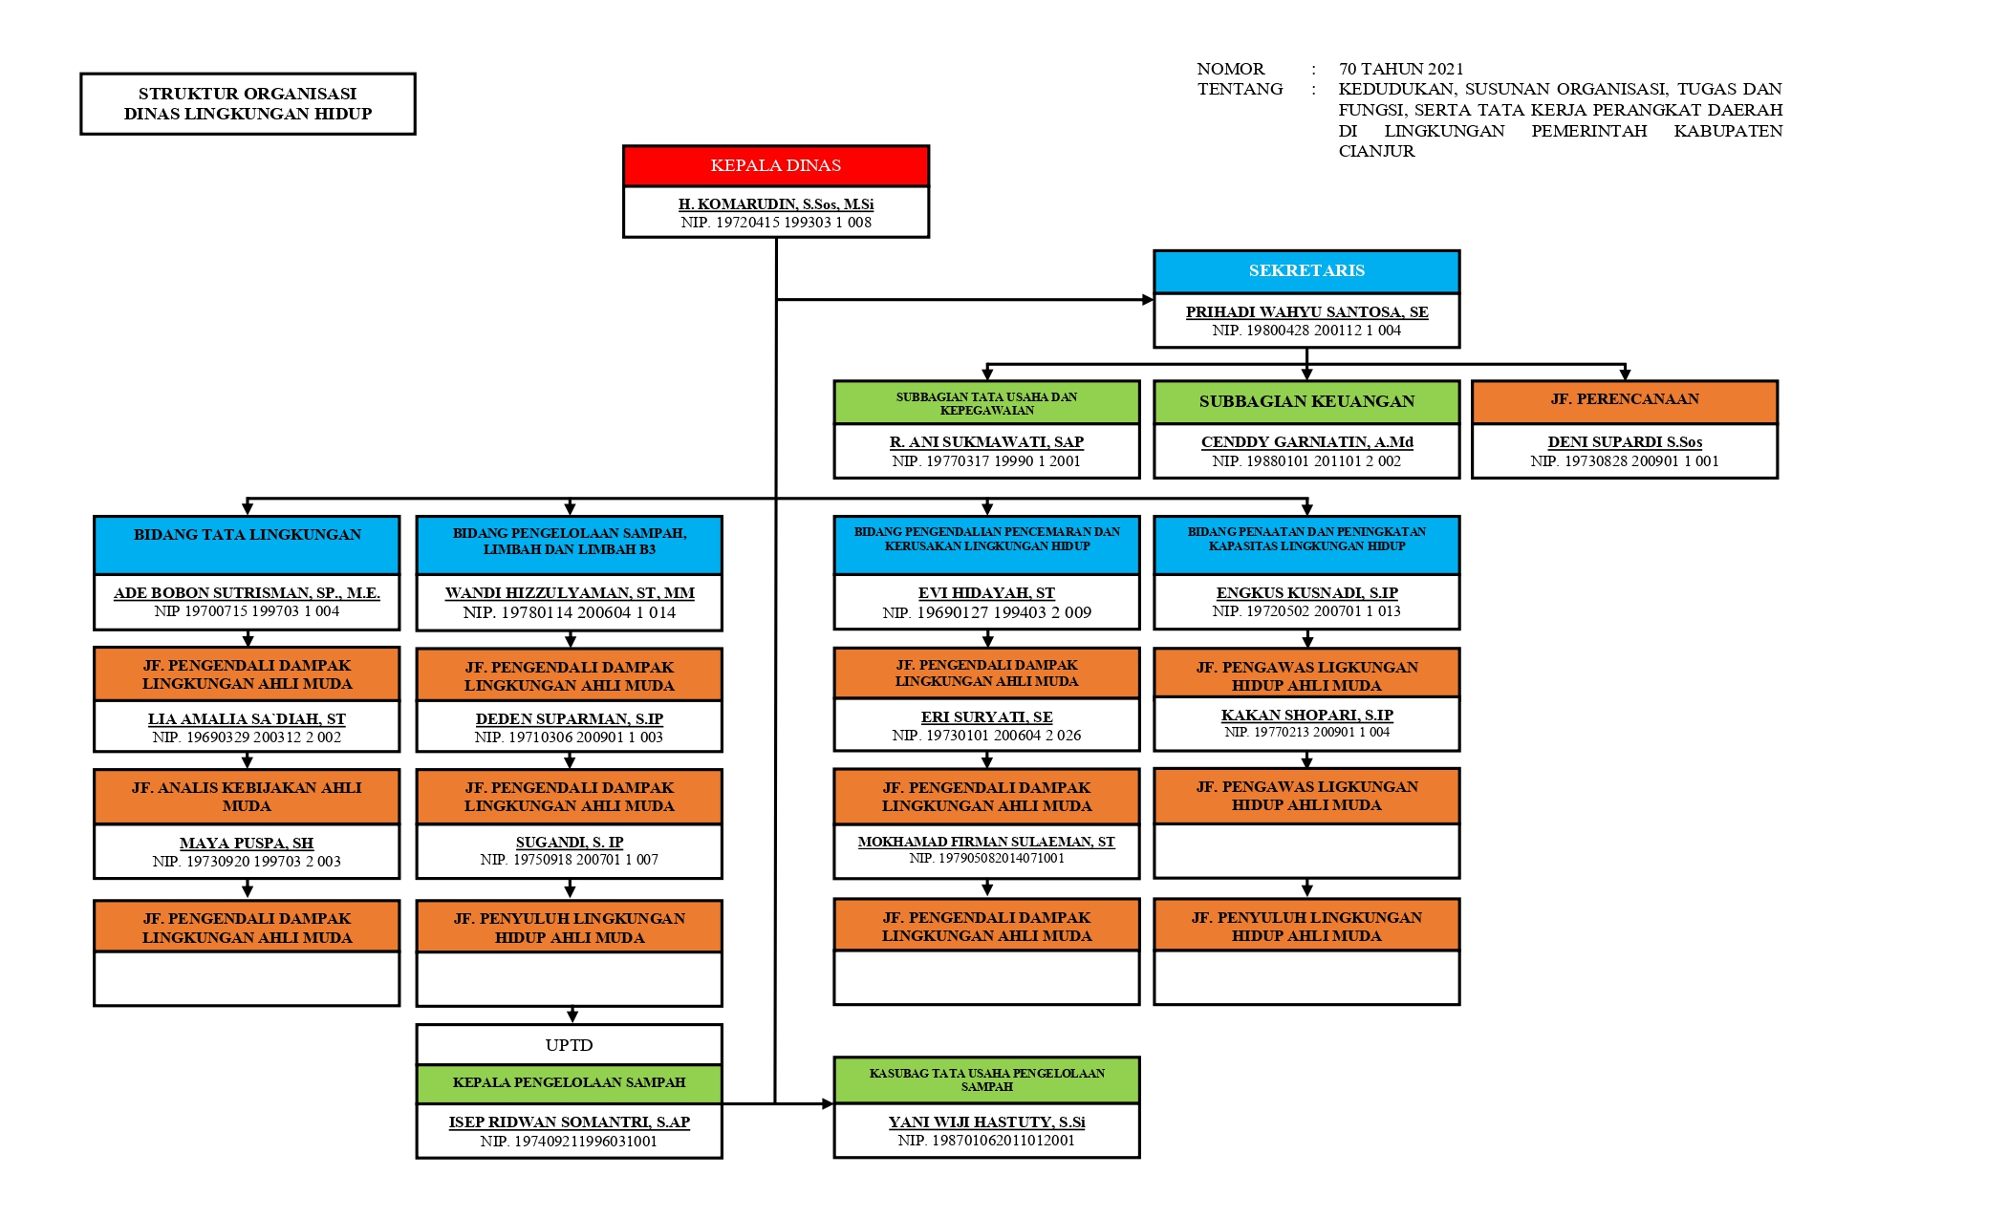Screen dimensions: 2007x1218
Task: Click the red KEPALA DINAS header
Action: [x=775, y=165]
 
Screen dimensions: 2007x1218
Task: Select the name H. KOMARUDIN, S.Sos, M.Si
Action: [x=775, y=204]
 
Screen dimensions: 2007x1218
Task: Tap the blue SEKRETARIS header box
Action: [x=1306, y=271]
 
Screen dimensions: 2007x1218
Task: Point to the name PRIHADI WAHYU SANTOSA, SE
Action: [x=1306, y=312]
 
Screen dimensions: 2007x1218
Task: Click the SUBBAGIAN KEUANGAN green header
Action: [x=1306, y=402]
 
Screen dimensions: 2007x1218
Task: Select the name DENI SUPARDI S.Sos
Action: [x=1625, y=442]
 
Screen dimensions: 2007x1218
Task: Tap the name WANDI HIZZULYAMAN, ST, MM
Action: [x=570, y=593]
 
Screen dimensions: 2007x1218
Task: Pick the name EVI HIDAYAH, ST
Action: [x=986, y=593]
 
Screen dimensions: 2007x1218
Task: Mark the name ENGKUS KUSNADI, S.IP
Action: [x=1306, y=593]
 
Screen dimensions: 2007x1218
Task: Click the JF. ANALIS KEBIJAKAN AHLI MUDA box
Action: [x=247, y=797]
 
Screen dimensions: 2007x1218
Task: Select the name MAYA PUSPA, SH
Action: [x=247, y=844]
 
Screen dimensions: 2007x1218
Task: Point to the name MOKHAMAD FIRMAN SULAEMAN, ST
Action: [x=986, y=842]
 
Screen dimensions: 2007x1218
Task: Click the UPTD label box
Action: [x=570, y=1045]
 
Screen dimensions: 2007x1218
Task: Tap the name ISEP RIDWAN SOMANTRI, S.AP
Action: [x=570, y=1122]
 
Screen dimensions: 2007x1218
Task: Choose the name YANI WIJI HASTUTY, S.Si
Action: [x=986, y=1122]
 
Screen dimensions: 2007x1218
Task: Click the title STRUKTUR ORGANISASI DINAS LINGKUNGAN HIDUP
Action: [x=248, y=104]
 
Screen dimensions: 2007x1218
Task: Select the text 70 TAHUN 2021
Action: [x=1401, y=69]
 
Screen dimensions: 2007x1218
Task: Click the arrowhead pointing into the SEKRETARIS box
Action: [x=1148, y=300]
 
